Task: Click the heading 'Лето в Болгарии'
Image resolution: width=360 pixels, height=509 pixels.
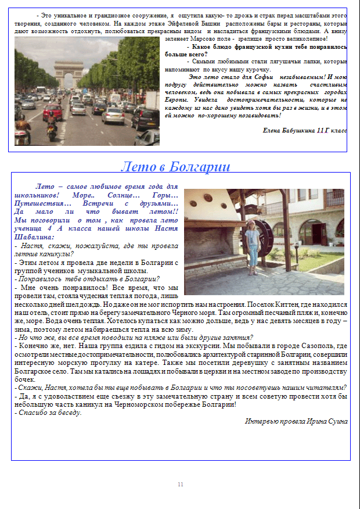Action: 175,167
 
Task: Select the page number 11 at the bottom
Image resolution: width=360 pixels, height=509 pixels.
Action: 180,484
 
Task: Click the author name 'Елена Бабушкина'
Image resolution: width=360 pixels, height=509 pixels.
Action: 289,131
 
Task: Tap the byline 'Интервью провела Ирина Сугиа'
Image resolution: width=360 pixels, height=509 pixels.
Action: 296,421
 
